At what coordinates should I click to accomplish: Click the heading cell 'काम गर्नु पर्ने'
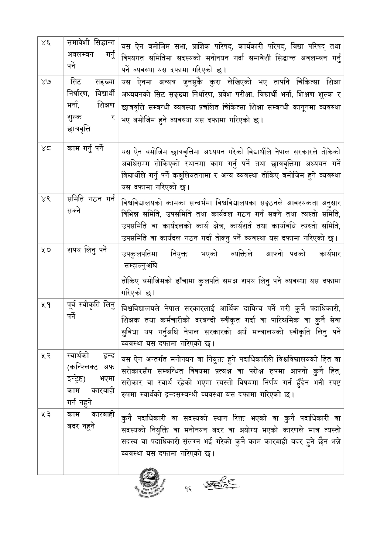85,149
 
